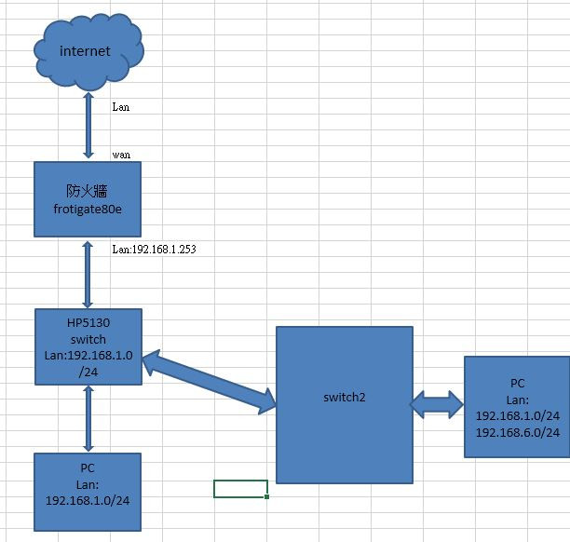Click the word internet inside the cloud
tap(85, 51)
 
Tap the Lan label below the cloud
tap(120, 107)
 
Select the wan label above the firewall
tap(120, 154)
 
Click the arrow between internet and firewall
tap(88, 125)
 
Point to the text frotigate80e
tap(88, 208)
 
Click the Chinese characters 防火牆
tap(88, 190)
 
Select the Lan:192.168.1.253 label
tap(154, 250)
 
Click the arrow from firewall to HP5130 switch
tap(88, 274)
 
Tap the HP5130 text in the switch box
tap(88, 322)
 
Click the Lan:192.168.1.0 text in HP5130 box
tap(88, 355)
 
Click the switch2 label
tap(345, 397)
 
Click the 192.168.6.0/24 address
tap(518, 432)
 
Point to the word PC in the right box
tap(518, 383)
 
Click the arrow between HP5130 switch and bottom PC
tap(88, 418)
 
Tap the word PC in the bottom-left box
tap(88, 467)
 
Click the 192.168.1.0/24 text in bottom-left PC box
tap(88, 500)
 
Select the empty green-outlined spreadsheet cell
tap(240, 489)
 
